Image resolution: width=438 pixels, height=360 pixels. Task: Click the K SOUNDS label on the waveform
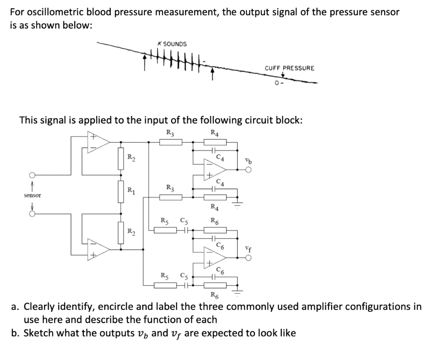click(x=172, y=44)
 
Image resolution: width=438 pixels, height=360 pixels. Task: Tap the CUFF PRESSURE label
click(x=290, y=68)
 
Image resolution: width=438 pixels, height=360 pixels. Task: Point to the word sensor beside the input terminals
click(x=33, y=195)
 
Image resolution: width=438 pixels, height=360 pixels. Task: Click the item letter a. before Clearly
click(x=15, y=307)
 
